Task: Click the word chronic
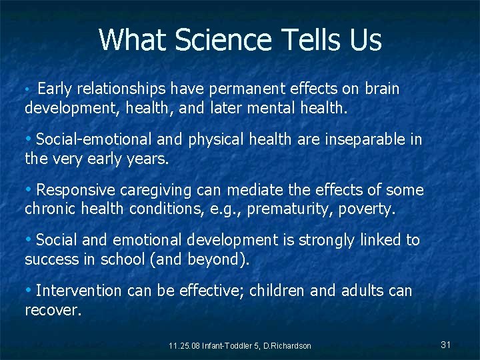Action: [50, 209]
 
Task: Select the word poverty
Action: [363, 209]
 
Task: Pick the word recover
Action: [53, 309]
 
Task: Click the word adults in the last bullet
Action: [366, 291]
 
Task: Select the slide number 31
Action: [446, 345]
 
